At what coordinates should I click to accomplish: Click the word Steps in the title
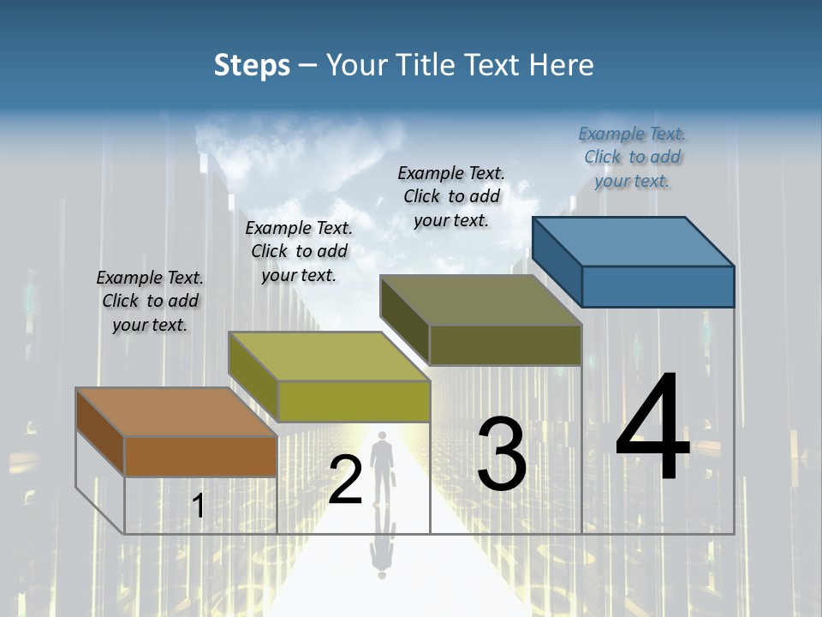(252, 65)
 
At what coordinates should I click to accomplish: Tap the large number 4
(652, 428)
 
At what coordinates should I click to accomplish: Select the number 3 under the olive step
(501, 455)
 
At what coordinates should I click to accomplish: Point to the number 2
(345, 480)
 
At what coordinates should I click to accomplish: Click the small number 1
(198, 506)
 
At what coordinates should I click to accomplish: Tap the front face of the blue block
(658, 286)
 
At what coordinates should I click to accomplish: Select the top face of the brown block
(176, 411)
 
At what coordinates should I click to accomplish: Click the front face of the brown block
(200, 456)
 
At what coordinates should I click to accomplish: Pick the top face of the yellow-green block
(329, 356)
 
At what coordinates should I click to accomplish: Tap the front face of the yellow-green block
(353, 401)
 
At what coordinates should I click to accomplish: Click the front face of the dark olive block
(505, 344)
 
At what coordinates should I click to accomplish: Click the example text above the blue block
(632, 158)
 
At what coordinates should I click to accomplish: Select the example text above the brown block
(150, 301)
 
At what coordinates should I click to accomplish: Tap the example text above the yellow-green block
(299, 251)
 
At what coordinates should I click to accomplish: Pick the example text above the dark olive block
(451, 196)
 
